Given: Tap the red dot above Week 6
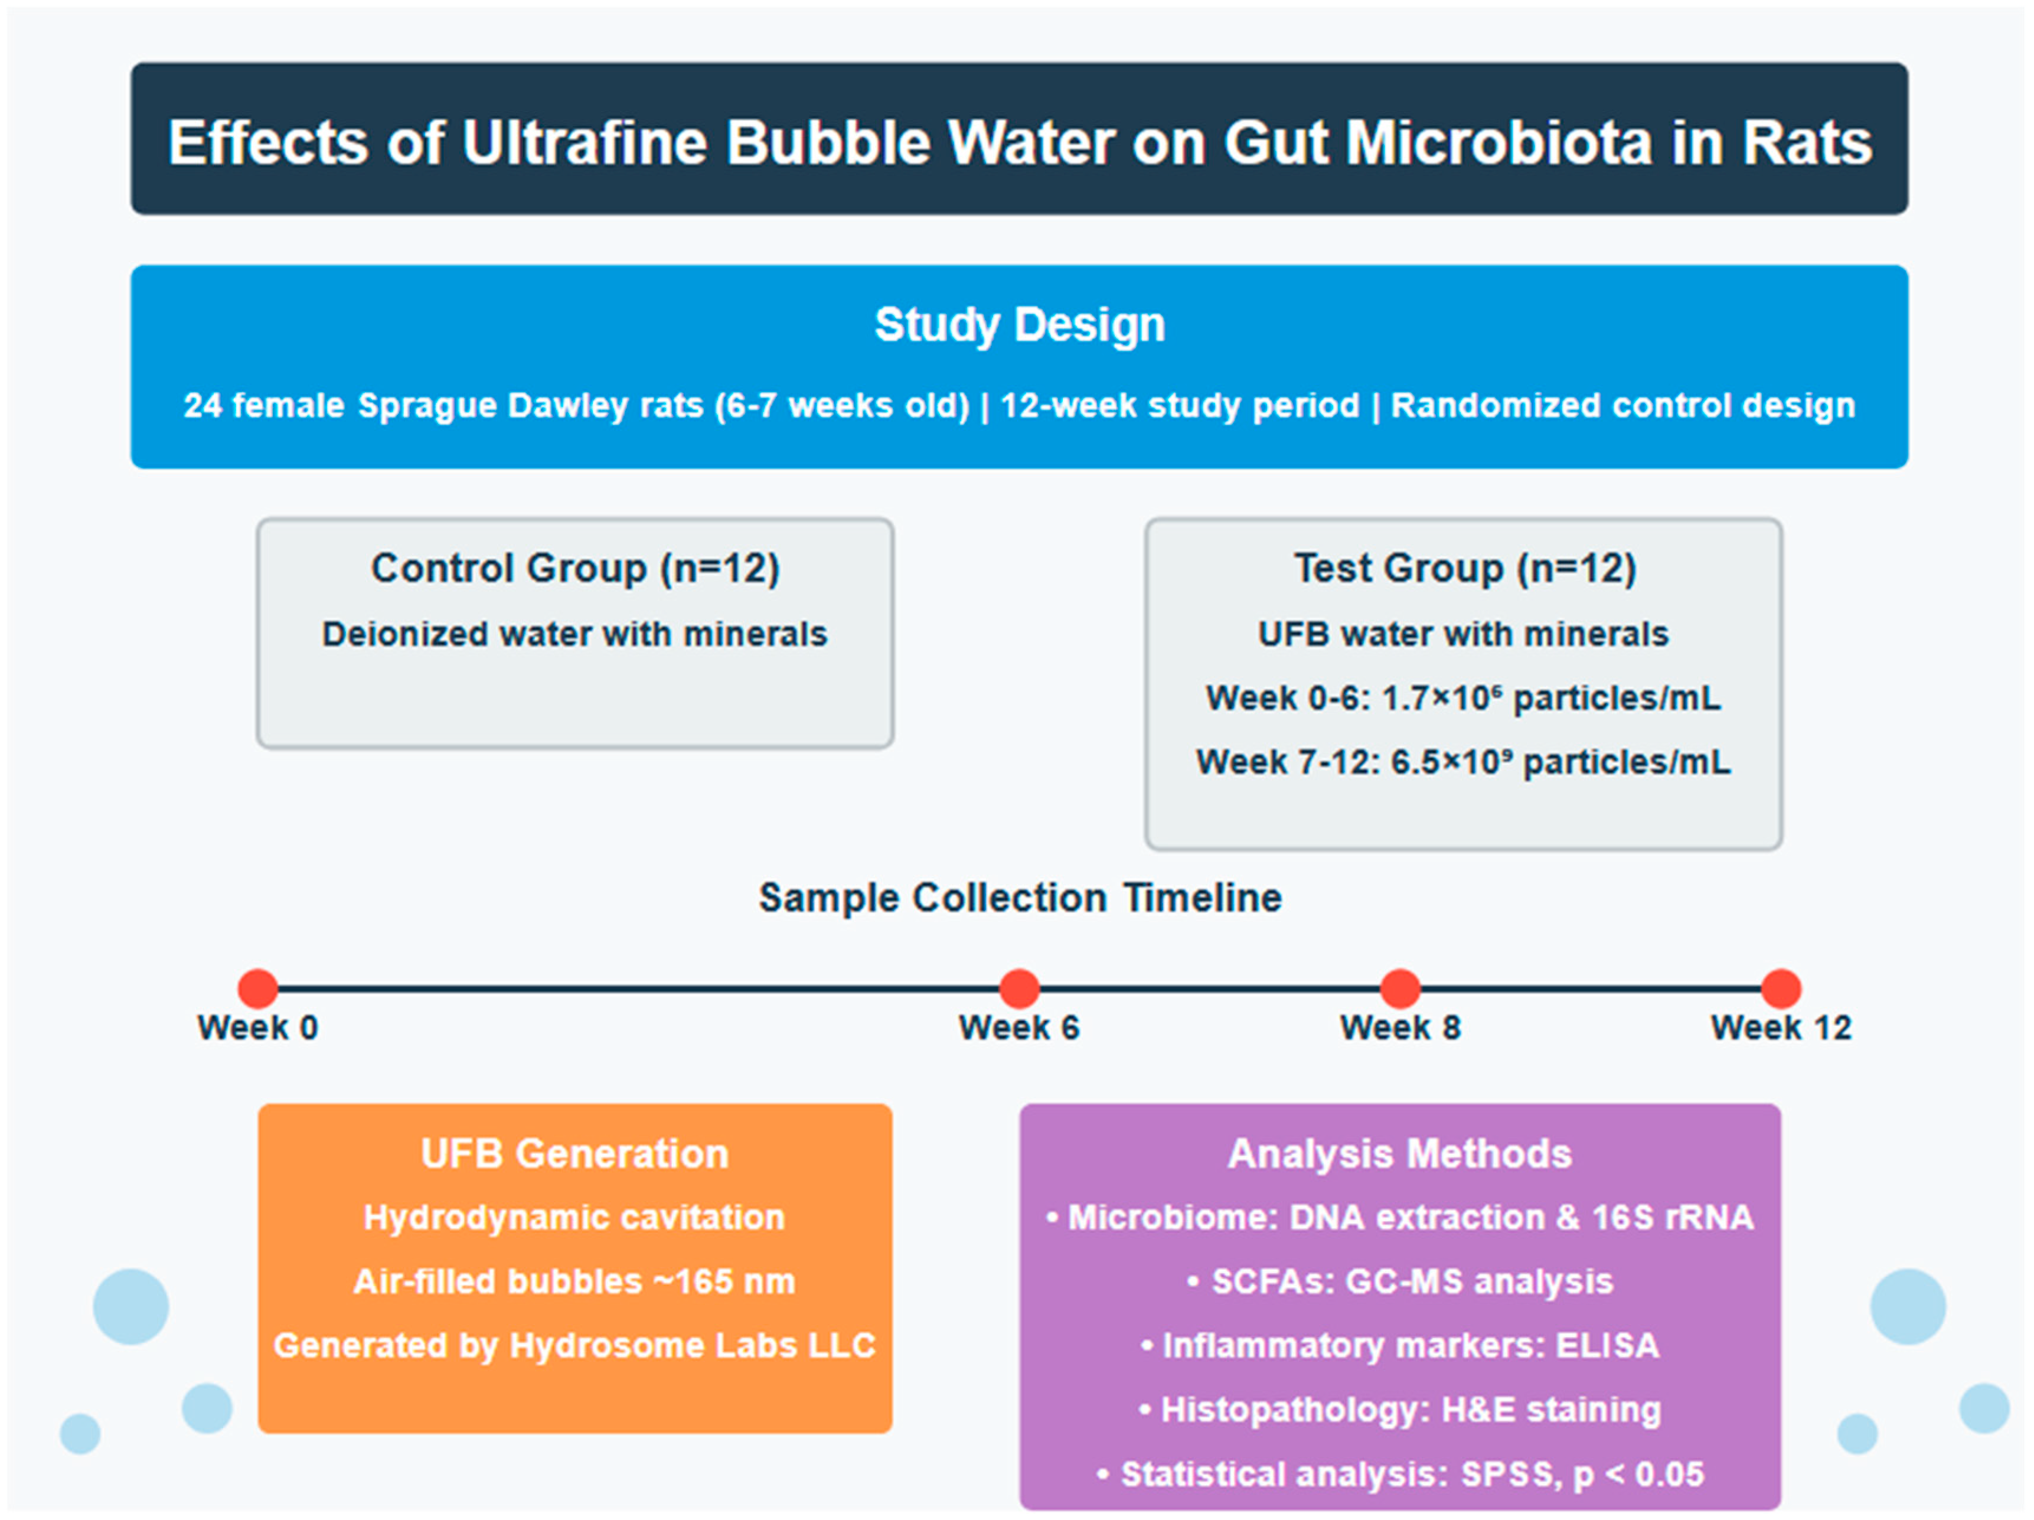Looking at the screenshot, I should (1019, 989).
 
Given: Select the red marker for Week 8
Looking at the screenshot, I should (1399, 989).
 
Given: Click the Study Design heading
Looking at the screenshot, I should (1019, 325).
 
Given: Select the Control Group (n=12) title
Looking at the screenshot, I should (574, 567).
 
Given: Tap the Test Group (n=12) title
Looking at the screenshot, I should (1464, 567).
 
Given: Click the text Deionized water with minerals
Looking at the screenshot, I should (574, 634).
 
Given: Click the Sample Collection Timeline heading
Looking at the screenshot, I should (1019, 898).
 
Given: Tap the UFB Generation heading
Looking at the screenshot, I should (574, 1153).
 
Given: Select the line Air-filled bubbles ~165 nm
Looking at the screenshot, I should (574, 1281).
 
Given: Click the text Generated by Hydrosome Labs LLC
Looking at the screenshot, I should (574, 1345).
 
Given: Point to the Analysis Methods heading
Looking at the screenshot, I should (1399, 1153).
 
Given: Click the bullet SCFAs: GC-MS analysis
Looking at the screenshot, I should (1399, 1281).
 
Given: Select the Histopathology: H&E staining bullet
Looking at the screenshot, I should (1399, 1409).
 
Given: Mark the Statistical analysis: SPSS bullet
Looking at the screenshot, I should (1399, 1474).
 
